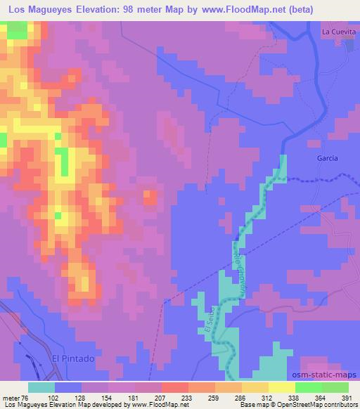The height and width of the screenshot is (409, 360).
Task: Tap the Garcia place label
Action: pyautogui.click(x=326, y=159)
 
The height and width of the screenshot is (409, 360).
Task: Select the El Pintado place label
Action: pyautogui.click(x=72, y=358)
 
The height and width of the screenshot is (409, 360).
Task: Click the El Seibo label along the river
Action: pyautogui.click(x=209, y=320)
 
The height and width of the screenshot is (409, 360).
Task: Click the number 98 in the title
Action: pyautogui.click(x=137, y=8)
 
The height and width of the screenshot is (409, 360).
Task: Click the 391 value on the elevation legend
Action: pyautogui.click(x=347, y=398)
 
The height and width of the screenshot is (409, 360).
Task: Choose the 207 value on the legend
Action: pyautogui.click(x=167, y=398)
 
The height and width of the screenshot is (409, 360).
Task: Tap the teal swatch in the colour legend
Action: pyautogui.click(x=41, y=387)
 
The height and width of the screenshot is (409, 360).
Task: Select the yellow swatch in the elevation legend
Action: pyautogui.click(x=281, y=387)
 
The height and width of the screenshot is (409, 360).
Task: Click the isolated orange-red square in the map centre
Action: pyautogui.click(x=150, y=197)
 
